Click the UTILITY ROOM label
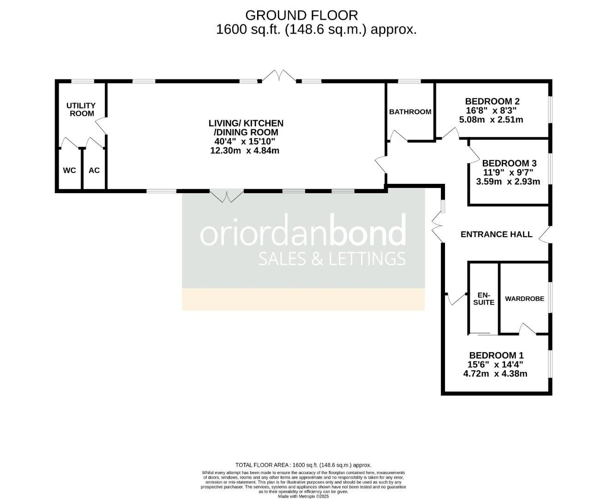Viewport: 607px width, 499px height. (x=81, y=110)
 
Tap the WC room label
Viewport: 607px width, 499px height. (x=69, y=170)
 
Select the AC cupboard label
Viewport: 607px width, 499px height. (x=94, y=170)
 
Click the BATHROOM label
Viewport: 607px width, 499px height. (x=410, y=112)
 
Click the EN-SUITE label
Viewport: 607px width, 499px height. (x=483, y=298)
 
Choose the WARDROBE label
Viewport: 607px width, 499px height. (x=524, y=298)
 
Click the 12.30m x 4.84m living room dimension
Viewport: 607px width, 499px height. (x=245, y=151)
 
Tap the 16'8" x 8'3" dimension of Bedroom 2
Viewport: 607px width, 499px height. (x=493, y=111)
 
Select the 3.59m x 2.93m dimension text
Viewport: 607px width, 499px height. (x=508, y=182)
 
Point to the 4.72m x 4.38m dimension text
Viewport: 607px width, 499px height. (x=495, y=374)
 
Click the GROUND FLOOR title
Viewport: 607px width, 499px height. (x=301, y=15)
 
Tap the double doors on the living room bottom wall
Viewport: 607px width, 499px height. (x=226, y=196)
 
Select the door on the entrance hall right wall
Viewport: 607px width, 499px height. (x=545, y=235)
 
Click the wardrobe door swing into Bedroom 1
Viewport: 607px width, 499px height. (x=527, y=329)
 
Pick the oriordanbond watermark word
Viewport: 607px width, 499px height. (x=303, y=231)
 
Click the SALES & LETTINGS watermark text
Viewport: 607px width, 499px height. (x=331, y=259)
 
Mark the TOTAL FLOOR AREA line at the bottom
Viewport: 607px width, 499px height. (x=303, y=465)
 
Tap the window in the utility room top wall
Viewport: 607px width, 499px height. (x=83, y=81)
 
